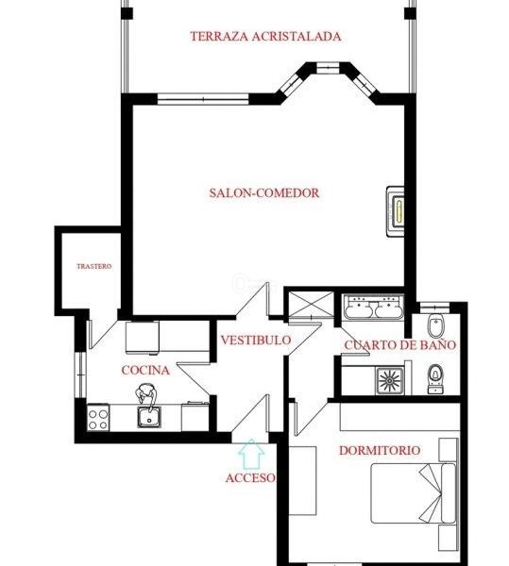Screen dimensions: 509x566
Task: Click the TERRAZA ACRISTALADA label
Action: (265, 37)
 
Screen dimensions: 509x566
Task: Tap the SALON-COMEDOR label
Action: (264, 192)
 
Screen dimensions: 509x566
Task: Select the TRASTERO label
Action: (93, 266)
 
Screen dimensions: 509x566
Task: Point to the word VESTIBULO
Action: (256, 340)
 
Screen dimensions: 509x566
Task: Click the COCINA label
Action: (145, 371)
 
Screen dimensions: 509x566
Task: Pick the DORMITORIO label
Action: (380, 451)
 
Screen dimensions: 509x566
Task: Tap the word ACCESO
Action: (250, 478)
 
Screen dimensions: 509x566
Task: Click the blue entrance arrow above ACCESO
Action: (251, 454)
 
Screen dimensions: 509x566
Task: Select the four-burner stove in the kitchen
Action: (98, 417)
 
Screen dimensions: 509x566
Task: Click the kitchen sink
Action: (149, 417)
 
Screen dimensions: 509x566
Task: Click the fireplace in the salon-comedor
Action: (395, 211)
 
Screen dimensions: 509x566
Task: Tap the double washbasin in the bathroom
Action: (373, 308)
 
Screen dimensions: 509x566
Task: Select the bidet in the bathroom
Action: (435, 325)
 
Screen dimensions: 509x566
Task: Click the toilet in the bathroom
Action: (435, 378)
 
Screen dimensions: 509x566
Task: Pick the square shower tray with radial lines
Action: (390, 381)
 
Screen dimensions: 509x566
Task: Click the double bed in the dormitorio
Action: (414, 493)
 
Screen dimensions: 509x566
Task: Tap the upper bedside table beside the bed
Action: (449, 450)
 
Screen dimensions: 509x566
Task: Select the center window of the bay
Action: (328, 68)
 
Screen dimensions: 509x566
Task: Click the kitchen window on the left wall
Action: (80, 375)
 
